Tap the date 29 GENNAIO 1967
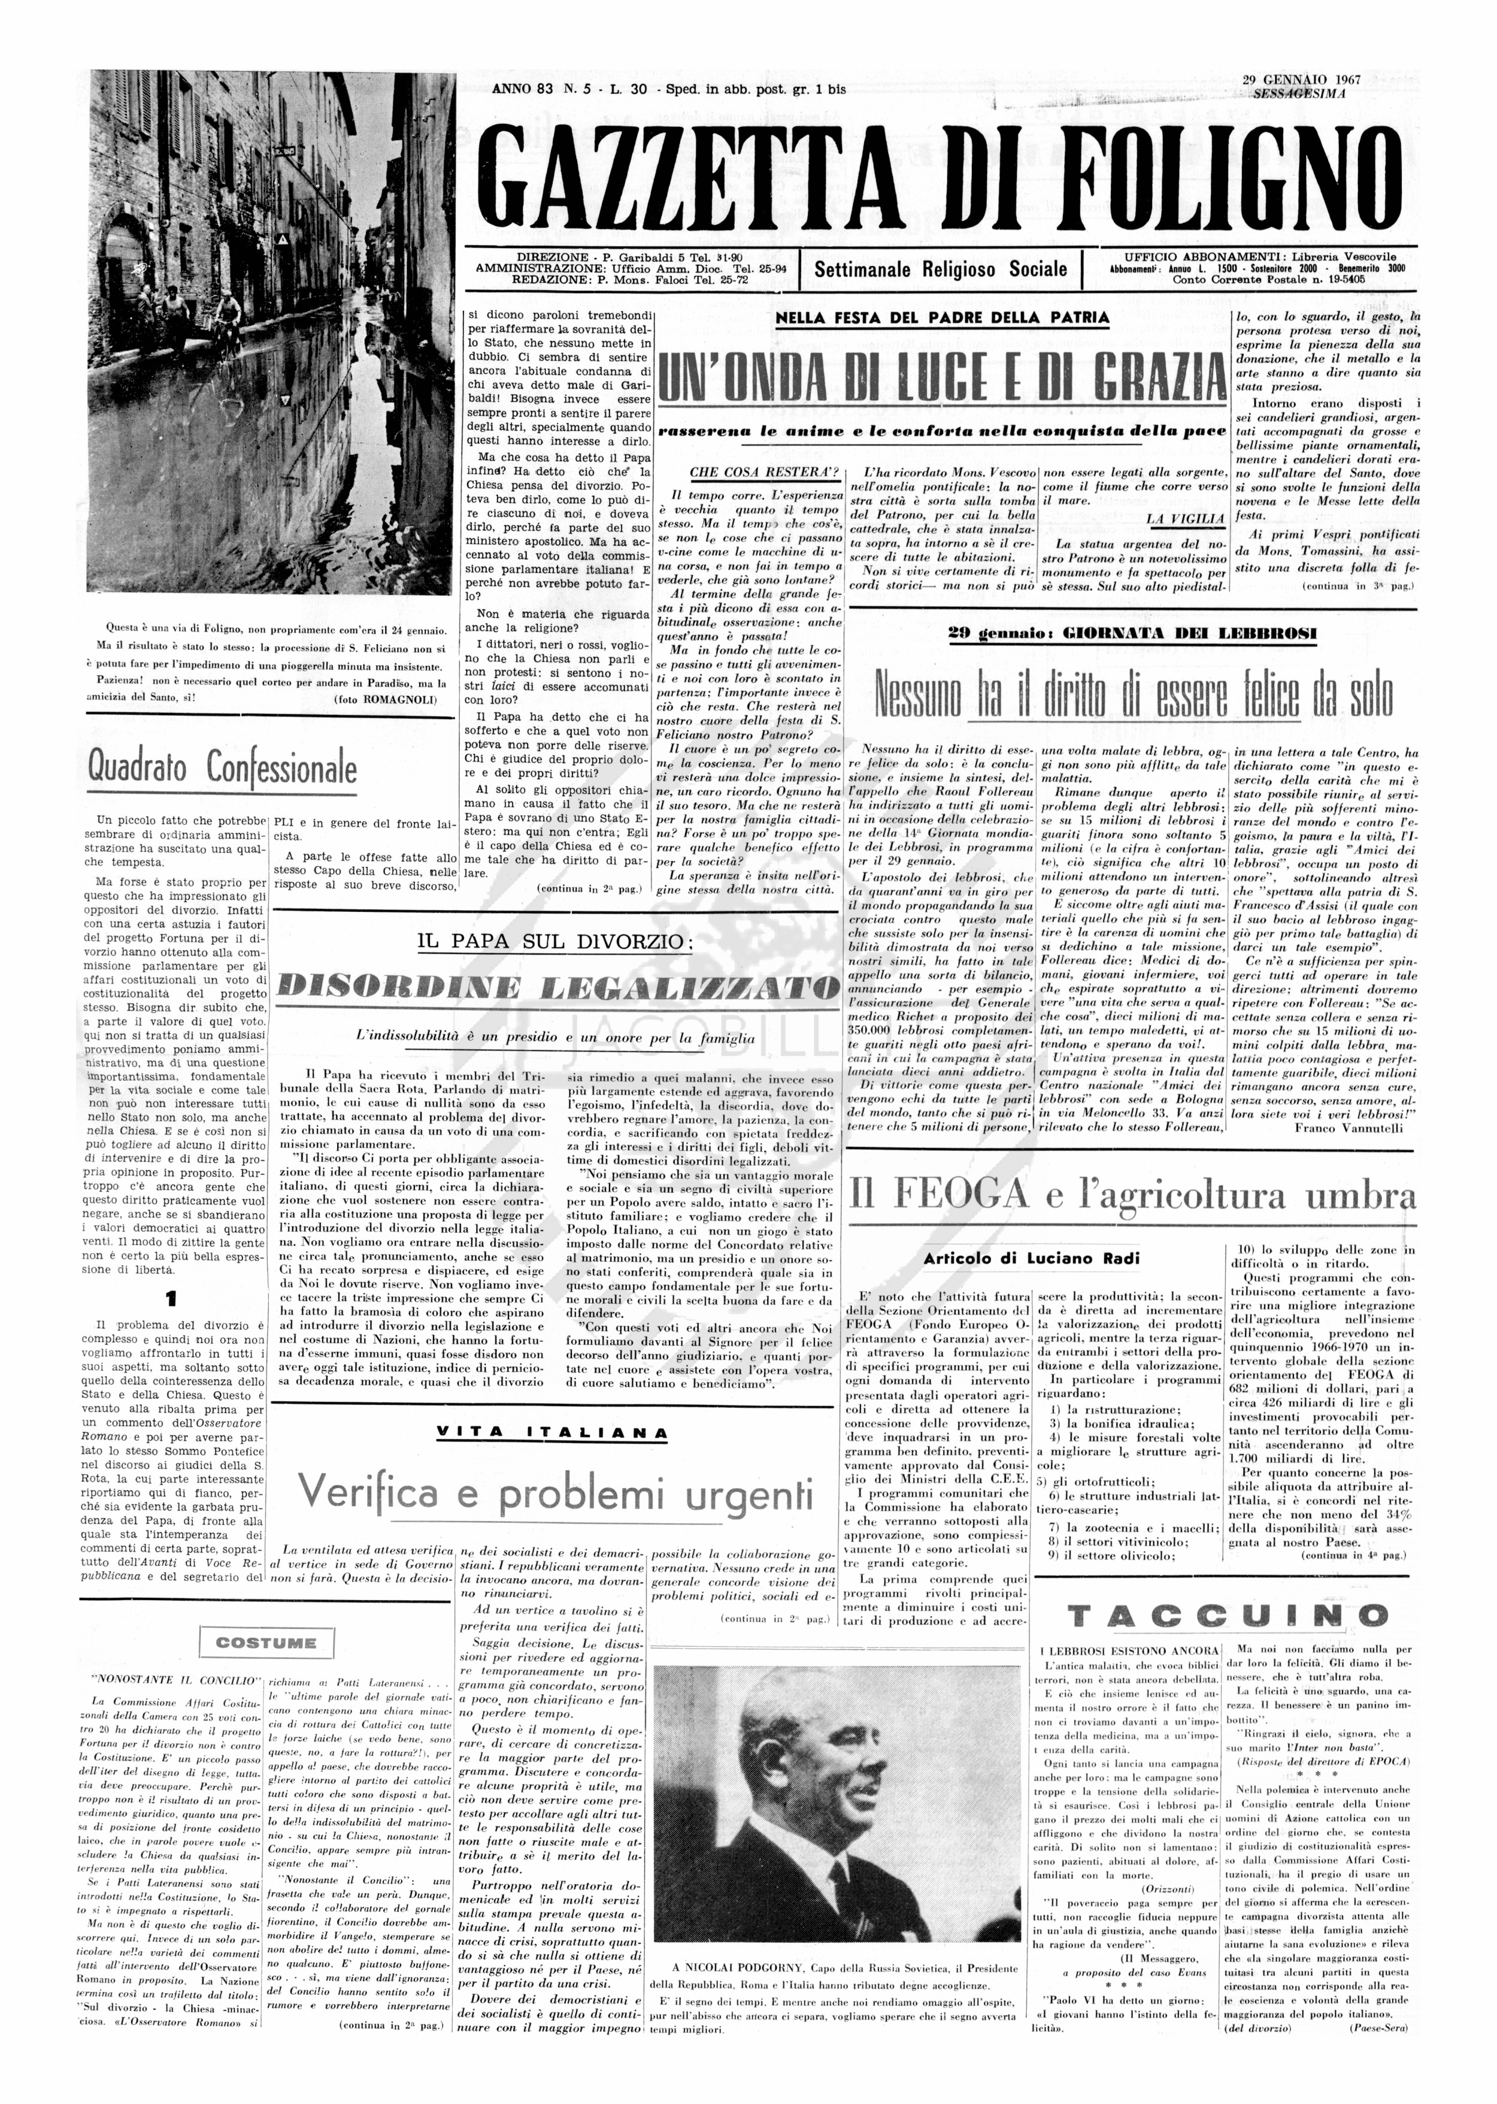1300,80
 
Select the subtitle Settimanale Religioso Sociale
940,270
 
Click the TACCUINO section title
1227,1615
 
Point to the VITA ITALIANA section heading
551,1433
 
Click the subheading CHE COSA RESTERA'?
750,472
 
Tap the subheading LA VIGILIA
1186,519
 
